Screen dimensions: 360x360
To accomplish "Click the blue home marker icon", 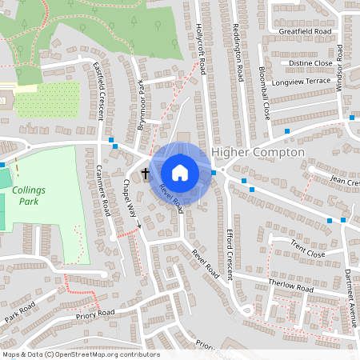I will click(x=180, y=172).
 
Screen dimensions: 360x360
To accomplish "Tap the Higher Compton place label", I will click(x=258, y=152).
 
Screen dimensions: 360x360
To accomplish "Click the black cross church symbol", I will click(x=146, y=172).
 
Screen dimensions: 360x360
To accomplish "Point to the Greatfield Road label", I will click(x=305, y=31).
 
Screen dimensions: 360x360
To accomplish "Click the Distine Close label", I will click(x=310, y=62).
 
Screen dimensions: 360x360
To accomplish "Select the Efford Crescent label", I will click(x=228, y=252).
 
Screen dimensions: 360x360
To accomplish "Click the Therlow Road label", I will click(x=290, y=286).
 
